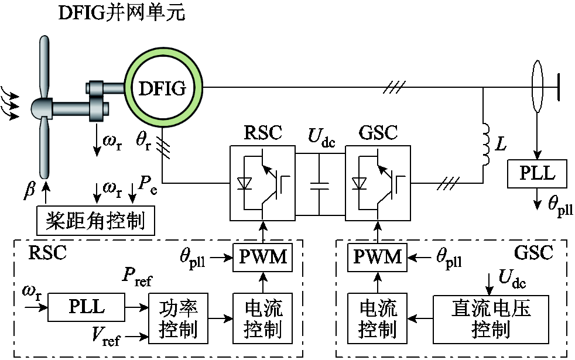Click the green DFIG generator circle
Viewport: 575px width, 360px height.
162,88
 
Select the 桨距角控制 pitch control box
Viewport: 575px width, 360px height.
95,221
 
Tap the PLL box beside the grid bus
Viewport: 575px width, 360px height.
536,174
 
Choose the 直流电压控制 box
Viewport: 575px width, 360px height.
491,319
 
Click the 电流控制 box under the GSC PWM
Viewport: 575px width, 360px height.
377,319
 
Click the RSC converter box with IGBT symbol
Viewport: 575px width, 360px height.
262,184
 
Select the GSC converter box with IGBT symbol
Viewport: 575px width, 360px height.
378,184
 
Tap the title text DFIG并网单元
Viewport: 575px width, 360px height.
122,13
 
